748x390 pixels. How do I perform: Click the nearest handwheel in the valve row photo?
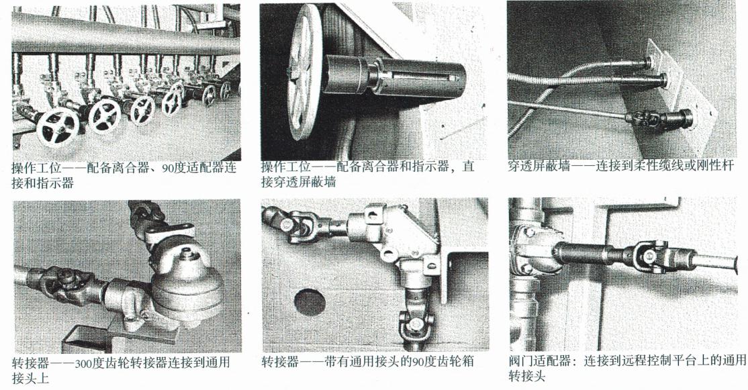coord(58,128)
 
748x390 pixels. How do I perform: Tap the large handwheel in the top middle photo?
coord(306,72)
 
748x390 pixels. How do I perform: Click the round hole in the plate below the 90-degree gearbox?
coord(310,302)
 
